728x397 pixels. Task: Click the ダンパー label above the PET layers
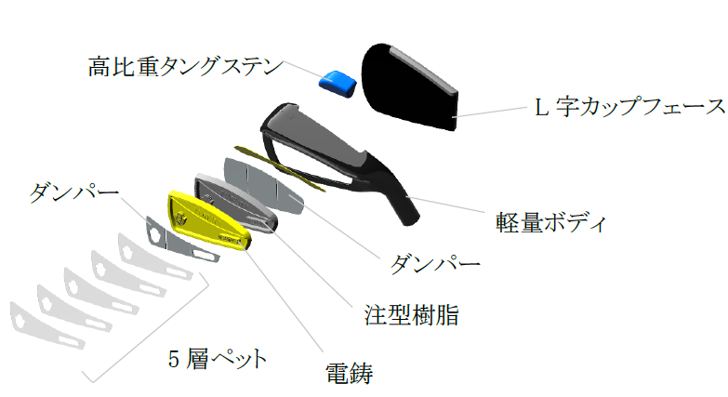tap(74, 193)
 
